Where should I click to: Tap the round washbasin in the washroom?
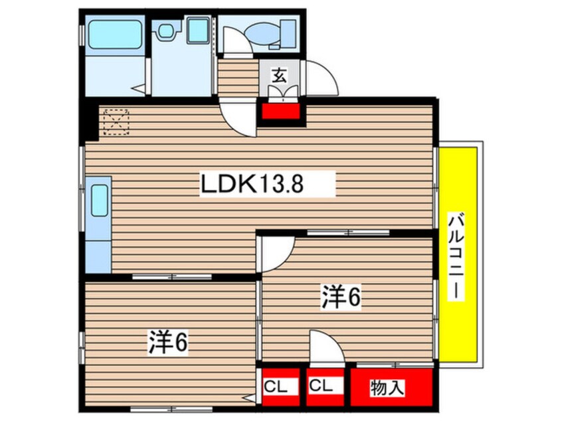coord(165,30)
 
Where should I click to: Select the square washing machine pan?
coord(197,31)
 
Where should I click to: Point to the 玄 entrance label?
coord(280,74)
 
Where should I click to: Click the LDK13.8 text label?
coord(252,184)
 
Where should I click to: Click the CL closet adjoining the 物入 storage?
coord(326,386)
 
